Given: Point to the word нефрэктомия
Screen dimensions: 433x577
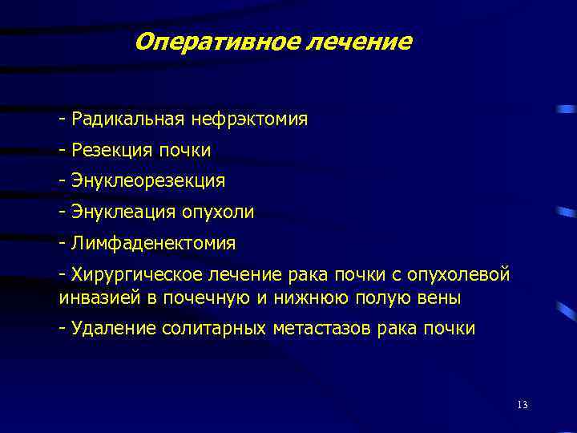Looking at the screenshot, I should [249, 120].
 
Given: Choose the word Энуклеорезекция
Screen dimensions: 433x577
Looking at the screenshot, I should [148, 181].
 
